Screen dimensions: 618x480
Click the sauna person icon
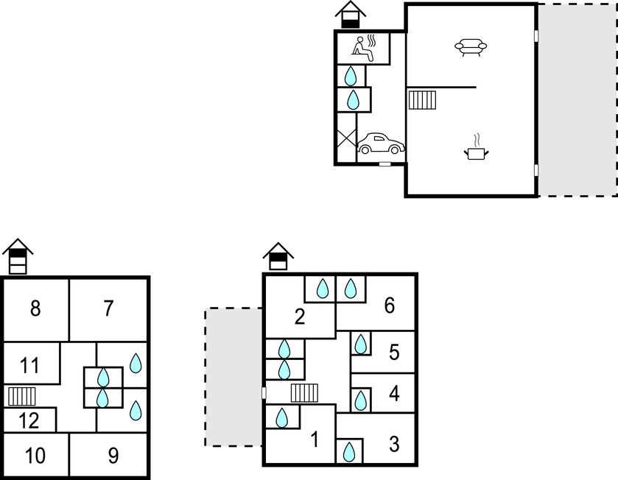click(x=364, y=49)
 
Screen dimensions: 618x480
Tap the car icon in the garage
click(x=381, y=144)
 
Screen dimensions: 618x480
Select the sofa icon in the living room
click(x=471, y=47)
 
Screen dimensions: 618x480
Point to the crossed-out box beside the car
click(x=346, y=138)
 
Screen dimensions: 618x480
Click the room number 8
click(x=35, y=308)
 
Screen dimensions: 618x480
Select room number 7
click(x=108, y=308)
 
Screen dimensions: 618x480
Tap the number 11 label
click(x=29, y=365)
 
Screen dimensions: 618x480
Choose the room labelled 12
click(x=29, y=420)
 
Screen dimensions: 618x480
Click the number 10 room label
click(x=35, y=456)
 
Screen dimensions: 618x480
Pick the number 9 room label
click(x=113, y=456)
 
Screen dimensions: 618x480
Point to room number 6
click(x=390, y=306)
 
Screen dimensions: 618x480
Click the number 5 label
click(x=394, y=352)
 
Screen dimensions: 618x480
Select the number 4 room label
click(x=394, y=393)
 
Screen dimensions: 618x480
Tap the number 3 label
click(x=394, y=444)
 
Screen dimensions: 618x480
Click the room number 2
click(x=300, y=317)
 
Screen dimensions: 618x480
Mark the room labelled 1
click(x=315, y=440)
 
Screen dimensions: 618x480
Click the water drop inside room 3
click(x=349, y=451)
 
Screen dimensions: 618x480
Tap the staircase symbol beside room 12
click(x=22, y=397)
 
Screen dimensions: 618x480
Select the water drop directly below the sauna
click(x=351, y=76)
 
